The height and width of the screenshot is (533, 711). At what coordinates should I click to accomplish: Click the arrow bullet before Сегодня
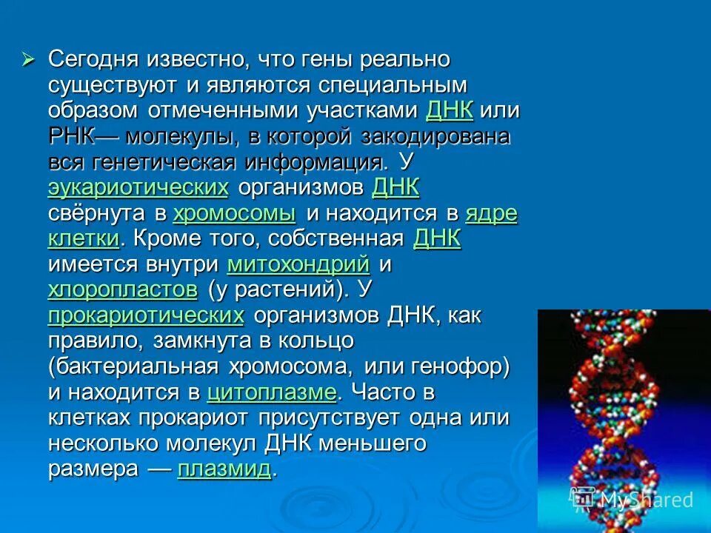pyautogui.click(x=29, y=59)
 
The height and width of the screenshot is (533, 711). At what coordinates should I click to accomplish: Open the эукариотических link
pyautogui.click(x=138, y=187)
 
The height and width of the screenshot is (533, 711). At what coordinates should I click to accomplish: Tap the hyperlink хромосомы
pyautogui.click(x=234, y=214)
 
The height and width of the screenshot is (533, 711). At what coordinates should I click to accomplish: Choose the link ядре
pyautogui.click(x=491, y=214)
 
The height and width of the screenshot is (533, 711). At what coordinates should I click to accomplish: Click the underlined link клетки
pyautogui.click(x=83, y=239)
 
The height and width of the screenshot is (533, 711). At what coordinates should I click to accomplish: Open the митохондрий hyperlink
pyautogui.click(x=298, y=264)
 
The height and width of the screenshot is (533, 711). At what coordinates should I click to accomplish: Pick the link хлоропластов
pyautogui.click(x=123, y=289)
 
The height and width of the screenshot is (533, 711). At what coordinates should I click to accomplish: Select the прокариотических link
pyautogui.click(x=146, y=316)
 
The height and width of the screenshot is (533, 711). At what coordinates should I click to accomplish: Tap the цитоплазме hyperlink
pyautogui.click(x=272, y=392)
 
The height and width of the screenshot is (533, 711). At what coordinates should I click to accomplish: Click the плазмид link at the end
pyautogui.click(x=224, y=469)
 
